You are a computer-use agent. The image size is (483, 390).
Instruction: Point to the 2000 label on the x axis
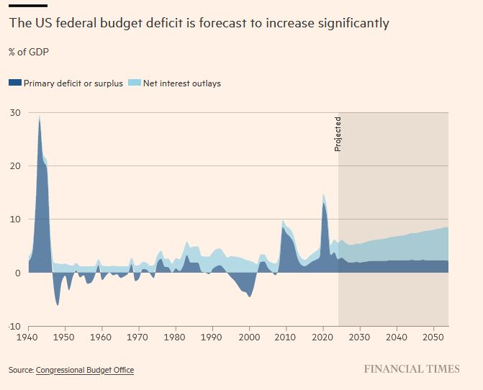pyautogui.click(x=250, y=336)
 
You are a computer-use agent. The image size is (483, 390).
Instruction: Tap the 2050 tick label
pyautogui.click(x=434, y=336)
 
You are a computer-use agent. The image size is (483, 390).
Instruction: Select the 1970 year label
pyautogui.click(x=139, y=336)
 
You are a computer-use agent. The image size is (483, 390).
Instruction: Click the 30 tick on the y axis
pyautogui.click(x=14, y=112)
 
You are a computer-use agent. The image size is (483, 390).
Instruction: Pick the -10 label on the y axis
pyautogui.click(x=14, y=326)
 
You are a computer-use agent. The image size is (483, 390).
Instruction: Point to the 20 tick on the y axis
pyautogui.click(x=14, y=165)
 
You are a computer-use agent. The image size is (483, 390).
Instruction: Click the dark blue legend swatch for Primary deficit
pyautogui.click(x=15, y=83)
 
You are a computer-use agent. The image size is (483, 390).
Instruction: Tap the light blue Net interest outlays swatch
pyautogui.click(x=135, y=83)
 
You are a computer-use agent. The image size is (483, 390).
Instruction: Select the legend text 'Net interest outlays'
pyautogui.click(x=183, y=83)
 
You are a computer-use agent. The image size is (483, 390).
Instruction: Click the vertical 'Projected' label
pyautogui.click(x=338, y=133)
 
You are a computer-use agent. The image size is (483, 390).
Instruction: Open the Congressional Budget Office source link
pyautogui.click(x=85, y=370)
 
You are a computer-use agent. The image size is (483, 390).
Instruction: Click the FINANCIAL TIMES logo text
pyautogui.click(x=411, y=369)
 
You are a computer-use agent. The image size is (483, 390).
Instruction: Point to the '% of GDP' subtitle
pyautogui.click(x=29, y=52)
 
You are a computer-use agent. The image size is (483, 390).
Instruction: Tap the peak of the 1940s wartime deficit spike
pyautogui.click(x=40, y=116)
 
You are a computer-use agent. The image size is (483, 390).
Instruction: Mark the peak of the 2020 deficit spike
pyautogui.click(x=324, y=195)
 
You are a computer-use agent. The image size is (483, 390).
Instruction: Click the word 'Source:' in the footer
pyautogui.click(x=21, y=370)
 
